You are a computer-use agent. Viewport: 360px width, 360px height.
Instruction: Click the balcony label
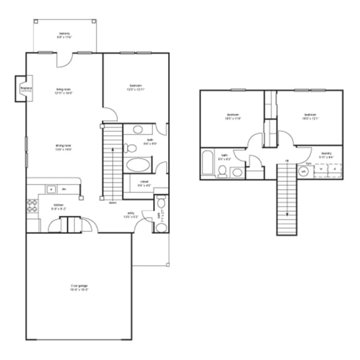[x=65, y=35]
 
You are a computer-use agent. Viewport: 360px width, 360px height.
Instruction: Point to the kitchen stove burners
[x=31, y=206]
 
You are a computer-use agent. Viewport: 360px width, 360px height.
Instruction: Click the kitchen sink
[x=51, y=189]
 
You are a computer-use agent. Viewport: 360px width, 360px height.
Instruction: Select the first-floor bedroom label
[x=136, y=87]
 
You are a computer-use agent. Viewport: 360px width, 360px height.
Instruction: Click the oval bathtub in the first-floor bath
[x=136, y=165]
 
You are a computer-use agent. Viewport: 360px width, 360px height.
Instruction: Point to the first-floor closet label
[x=144, y=184]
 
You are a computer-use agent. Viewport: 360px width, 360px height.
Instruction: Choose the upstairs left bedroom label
[x=234, y=116]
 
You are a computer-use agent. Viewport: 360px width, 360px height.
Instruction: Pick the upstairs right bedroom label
[x=310, y=116]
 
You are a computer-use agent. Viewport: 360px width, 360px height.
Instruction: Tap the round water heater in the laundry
[x=303, y=171]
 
